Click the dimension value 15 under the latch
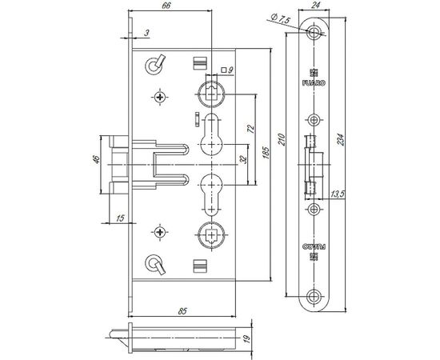pos(120,218)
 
